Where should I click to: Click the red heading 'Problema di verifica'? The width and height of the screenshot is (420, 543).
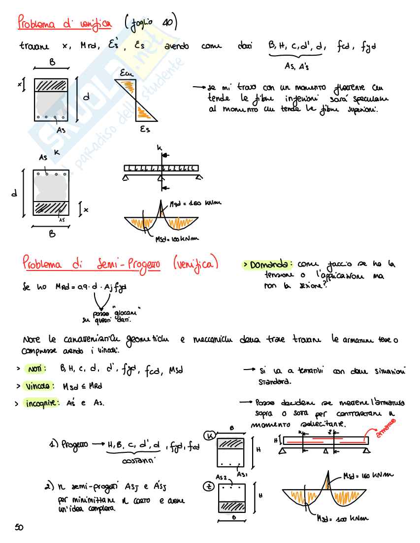[65, 23]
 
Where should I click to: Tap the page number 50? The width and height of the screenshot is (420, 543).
[19, 527]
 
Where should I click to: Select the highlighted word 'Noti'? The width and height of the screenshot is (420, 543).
[37, 369]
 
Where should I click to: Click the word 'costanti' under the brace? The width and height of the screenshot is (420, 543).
[138, 461]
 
